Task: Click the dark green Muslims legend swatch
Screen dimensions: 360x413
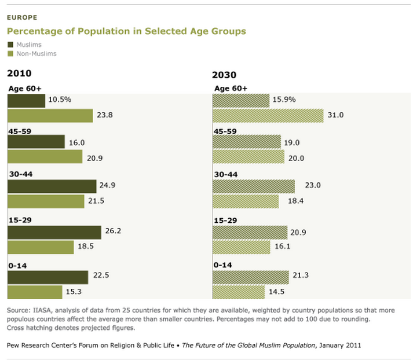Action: (x=9, y=45)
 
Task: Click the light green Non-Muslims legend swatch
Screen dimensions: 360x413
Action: (x=9, y=54)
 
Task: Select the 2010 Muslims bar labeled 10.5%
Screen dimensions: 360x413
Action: (x=26, y=100)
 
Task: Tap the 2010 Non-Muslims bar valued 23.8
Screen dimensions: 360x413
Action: (x=50, y=115)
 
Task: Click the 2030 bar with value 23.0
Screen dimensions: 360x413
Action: (x=254, y=186)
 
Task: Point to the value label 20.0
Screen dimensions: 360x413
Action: (x=298, y=158)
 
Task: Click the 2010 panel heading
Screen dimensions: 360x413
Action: (x=19, y=74)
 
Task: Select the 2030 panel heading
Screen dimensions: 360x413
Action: (x=224, y=75)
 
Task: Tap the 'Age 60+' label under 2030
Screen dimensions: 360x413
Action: (x=231, y=89)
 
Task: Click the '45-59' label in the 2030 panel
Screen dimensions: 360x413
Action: (x=225, y=131)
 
